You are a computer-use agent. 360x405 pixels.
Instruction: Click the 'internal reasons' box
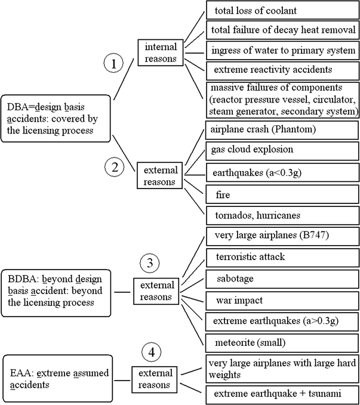158,51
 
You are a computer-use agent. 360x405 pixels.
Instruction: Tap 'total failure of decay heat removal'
282,30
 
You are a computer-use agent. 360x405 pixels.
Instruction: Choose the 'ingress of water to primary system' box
282,51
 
